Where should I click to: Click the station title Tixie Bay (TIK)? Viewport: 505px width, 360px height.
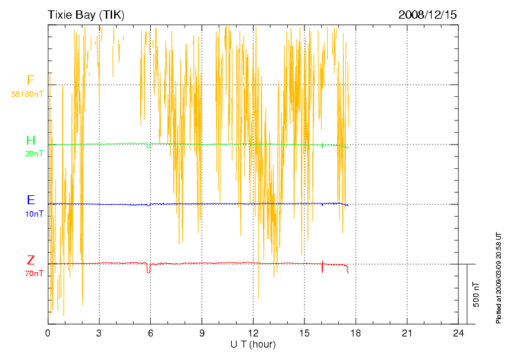87,14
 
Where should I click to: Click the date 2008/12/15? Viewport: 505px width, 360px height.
428,14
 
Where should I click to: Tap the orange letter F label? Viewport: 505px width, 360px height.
30,80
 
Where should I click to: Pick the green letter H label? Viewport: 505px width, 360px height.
30,141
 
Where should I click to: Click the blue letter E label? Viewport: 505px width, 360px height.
30,200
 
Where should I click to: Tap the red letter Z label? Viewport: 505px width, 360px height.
30,260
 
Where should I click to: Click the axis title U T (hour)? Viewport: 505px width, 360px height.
253,344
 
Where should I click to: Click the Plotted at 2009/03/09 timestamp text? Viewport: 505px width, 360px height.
498,277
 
